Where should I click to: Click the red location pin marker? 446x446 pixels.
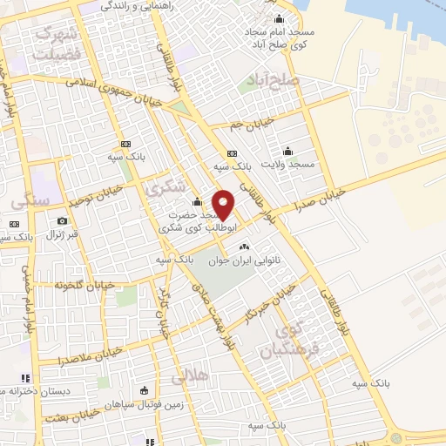tap(223, 204)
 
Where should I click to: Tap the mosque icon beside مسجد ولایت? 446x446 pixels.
tap(288, 150)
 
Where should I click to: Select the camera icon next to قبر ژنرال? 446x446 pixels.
tap(63, 221)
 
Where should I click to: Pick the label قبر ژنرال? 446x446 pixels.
tap(62, 234)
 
